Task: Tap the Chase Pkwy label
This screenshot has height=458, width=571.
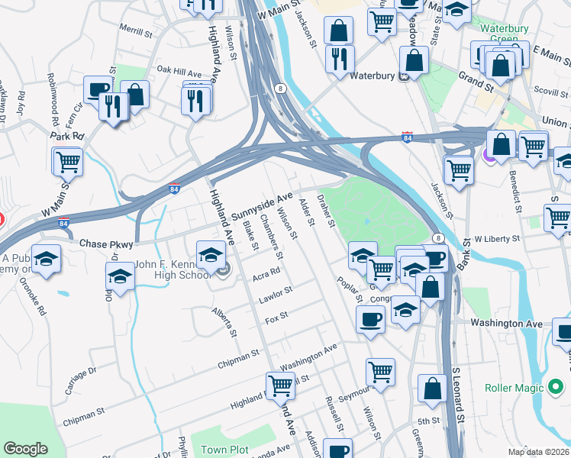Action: [106, 244]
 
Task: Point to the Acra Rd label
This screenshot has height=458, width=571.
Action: [266, 272]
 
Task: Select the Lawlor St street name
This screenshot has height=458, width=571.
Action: [276, 294]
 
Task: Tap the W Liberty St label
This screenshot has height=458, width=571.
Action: [496, 239]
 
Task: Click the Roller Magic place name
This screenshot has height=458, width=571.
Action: [515, 388]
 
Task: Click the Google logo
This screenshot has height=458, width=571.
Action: [25, 449]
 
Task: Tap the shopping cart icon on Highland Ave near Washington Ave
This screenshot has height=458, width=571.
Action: [280, 387]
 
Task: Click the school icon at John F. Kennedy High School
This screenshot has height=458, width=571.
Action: [211, 255]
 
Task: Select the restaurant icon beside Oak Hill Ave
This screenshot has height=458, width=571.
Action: [196, 99]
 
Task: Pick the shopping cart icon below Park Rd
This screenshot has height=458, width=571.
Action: [68, 161]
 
